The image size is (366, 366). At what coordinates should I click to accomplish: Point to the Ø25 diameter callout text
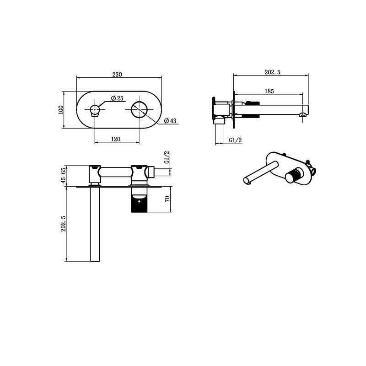click(118, 98)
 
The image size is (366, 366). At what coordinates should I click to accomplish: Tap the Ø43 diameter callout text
click(170, 121)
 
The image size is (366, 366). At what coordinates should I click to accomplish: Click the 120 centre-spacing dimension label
click(116, 140)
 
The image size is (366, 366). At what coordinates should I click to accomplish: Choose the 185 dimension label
click(269, 91)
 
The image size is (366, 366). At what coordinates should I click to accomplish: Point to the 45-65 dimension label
click(63, 175)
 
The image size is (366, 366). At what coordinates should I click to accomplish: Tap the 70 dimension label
click(167, 199)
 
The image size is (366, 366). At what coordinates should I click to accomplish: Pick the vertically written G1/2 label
click(167, 158)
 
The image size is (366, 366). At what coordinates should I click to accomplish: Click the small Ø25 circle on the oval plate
click(95, 110)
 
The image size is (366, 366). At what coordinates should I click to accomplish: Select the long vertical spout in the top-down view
click(95, 224)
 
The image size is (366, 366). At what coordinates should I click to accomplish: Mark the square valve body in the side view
click(222, 109)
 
